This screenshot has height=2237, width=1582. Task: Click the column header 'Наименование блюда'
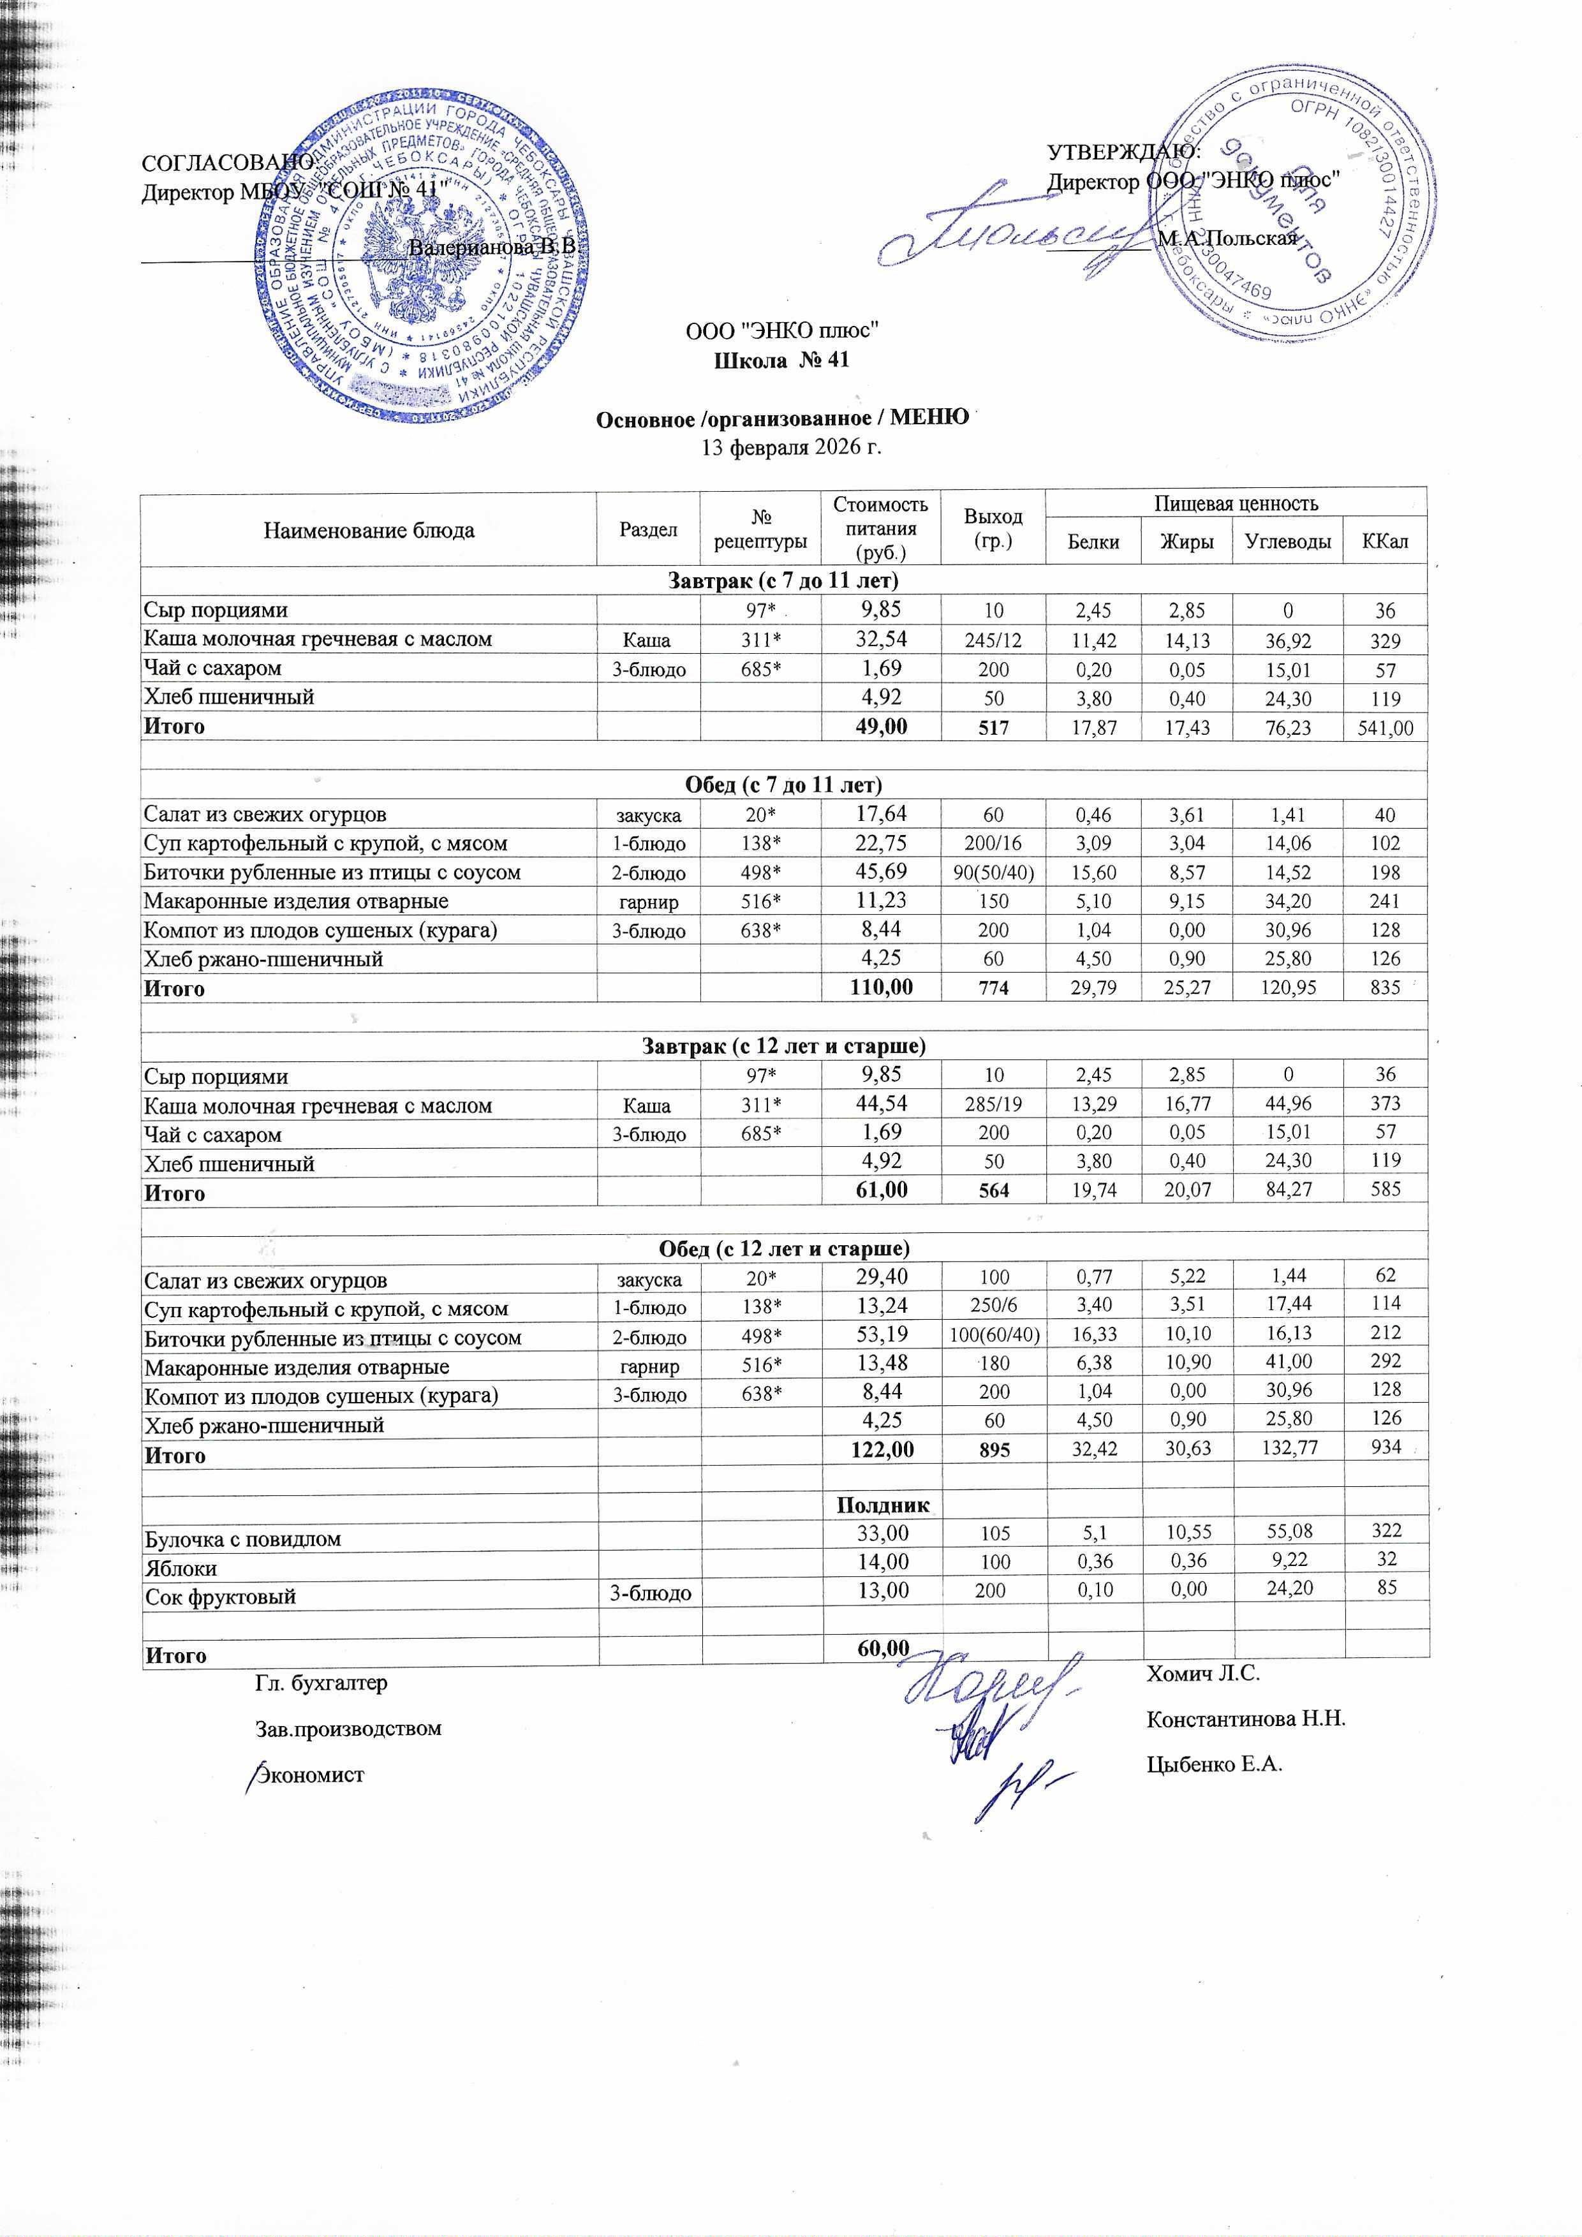[x=368, y=531]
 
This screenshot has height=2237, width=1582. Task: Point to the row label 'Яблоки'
[x=181, y=1569]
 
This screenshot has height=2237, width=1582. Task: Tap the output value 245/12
[x=993, y=640]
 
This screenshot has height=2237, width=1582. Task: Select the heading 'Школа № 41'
[x=782, y=360]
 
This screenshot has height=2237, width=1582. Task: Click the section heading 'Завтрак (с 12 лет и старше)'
[x=783, y=1046]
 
